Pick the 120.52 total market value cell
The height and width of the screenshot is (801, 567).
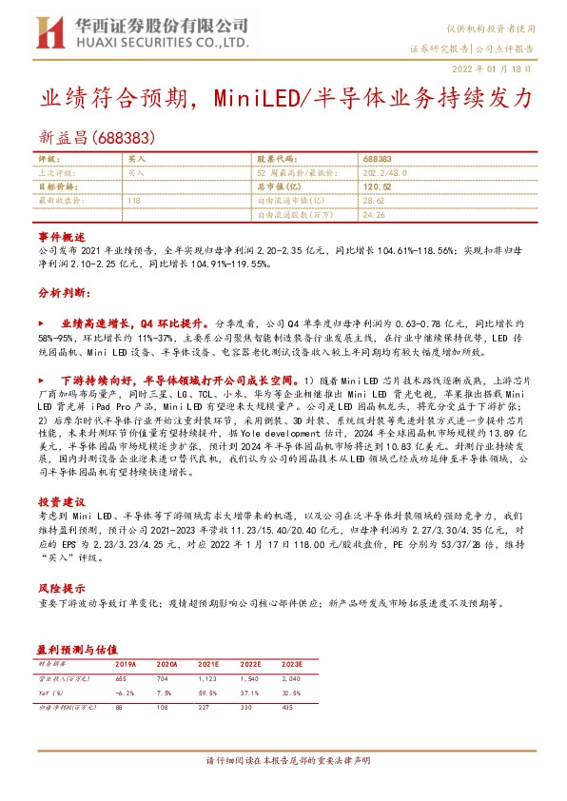tap(378, 187)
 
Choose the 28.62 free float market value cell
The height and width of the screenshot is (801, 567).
tap(373, 202)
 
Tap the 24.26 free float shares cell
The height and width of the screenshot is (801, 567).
tap(373, 216)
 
